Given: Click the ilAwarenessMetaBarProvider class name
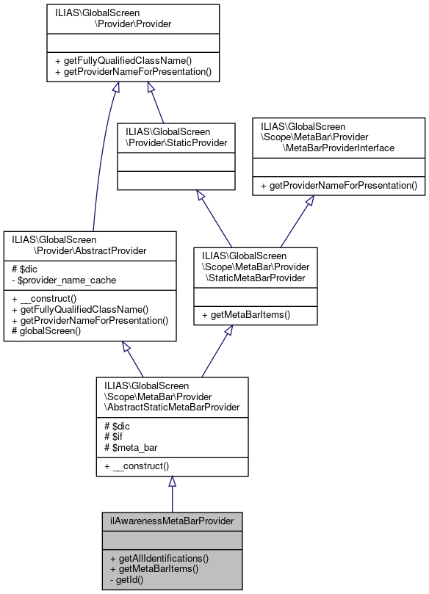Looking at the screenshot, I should (172, 521).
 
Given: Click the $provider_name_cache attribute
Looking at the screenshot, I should (62, 280).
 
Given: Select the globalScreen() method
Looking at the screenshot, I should (52, 331).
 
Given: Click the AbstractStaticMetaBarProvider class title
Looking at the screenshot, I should (172, 396).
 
